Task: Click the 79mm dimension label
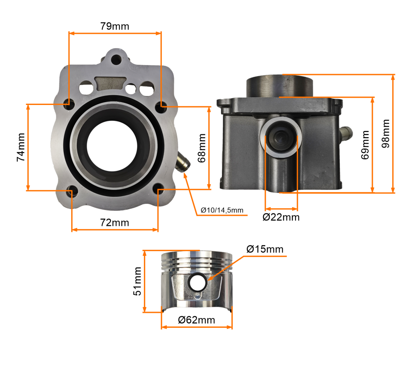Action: (x=115, y=26)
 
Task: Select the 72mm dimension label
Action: (x=115, y=223)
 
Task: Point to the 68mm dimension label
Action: (x=201, y=147)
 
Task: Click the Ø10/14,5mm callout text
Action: (x=222, y=210)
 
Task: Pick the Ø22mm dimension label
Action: (x=281, y=217)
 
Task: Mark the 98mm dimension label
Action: (x=386, y=133)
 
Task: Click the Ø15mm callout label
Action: (x=265, y=249)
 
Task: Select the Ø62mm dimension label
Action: (x=196, y=320)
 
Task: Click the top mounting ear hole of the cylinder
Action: (x=116, y=58)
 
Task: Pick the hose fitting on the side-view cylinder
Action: (x=346, y=133)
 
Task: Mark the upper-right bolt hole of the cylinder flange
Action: (x=161, y=106)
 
